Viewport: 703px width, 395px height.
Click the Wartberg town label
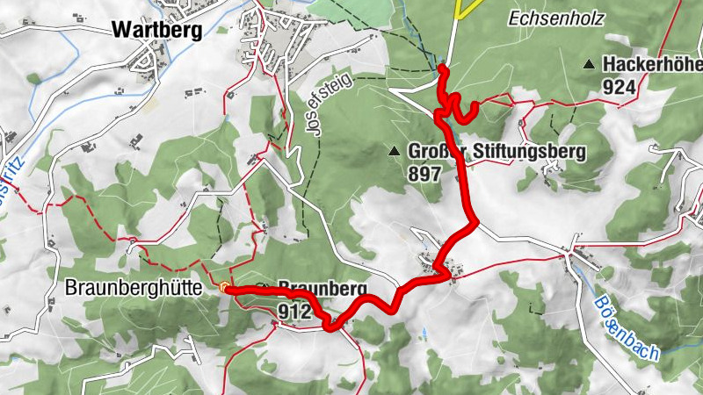[157, 30]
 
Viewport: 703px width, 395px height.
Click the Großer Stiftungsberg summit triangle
[395, 152]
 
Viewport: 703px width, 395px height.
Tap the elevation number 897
[424, 173]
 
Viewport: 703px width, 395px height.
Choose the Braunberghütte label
[140, 288]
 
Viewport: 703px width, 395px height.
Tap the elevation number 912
[294, 312]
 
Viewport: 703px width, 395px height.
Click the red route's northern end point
[442, 68]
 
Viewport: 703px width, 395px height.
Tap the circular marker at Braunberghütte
[225, 287]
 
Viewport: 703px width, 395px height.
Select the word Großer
[431, 152]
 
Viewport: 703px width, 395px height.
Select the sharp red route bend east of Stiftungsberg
[475, 223]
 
